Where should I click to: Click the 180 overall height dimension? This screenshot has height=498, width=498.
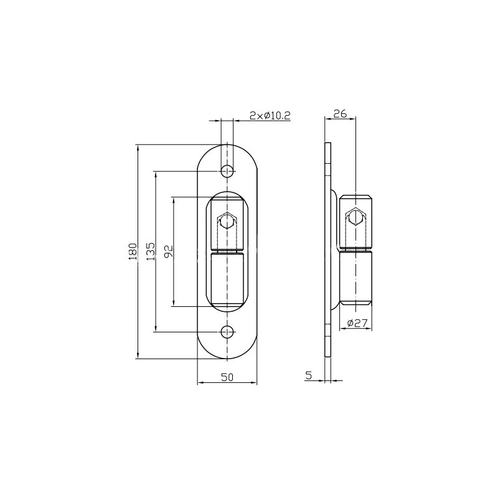coord(133,251)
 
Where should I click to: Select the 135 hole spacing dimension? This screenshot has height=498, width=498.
coord(151,251)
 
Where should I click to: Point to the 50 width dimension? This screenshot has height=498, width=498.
coord(227,377)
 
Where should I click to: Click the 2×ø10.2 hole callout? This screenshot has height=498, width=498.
coord(270,116)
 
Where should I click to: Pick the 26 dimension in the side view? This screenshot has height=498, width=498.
coord(340,113)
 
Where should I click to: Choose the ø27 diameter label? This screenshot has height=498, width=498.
coord(357,323)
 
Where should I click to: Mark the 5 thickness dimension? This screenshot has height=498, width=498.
coord(309,375)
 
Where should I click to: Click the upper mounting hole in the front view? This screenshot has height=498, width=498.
coord(227,172)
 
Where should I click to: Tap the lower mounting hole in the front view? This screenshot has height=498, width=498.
coord(227,332)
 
